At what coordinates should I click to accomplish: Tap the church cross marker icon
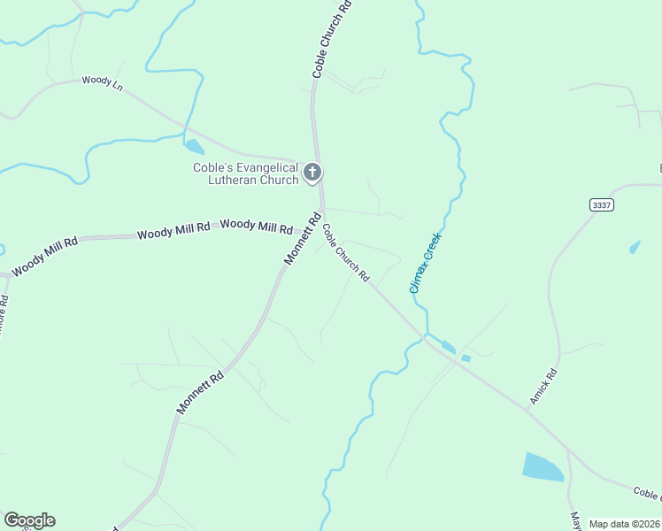tap(312, 172)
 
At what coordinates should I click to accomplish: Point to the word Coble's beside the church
tap(212, 167)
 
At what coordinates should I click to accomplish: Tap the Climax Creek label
tap(425, 263)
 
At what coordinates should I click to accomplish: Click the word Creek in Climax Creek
tap(431, 248)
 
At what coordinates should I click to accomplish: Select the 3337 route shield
tap(600, 204)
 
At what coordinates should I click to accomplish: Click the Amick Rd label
tap(543, 389)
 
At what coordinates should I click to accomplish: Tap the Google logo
tap(29, 520)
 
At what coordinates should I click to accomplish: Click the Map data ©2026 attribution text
tap(625, 524)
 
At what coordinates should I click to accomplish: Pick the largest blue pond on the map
tap(543, 466)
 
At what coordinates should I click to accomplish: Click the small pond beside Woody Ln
tap(194, 147)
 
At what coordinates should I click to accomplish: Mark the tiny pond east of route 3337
tap(635, 246)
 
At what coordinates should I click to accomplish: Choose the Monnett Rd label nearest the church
tap(302, 238)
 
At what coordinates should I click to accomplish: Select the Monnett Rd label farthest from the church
tap(200, 392)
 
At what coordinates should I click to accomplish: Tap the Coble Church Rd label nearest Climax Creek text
tap(345, 252)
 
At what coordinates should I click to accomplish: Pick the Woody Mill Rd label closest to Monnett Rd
tap(256, 226)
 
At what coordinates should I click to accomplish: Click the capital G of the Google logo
tap(12, 520)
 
